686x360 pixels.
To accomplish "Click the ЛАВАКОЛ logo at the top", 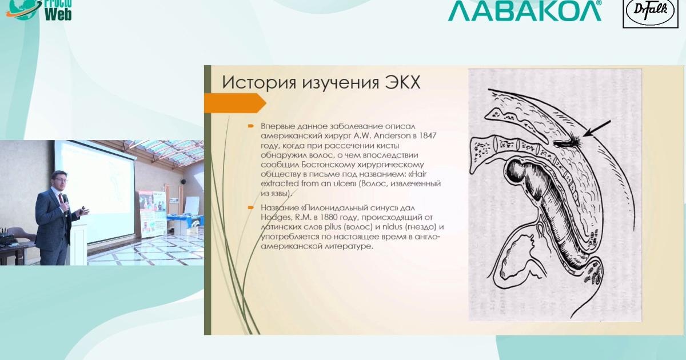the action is (525, 10).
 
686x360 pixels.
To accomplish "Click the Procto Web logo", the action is (39, 10).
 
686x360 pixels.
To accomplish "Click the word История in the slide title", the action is (259, 82).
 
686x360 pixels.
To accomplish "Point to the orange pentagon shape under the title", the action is (235, 103).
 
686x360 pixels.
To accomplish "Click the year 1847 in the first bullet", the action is (427, 135).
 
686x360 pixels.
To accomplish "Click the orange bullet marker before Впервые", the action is (251, 126).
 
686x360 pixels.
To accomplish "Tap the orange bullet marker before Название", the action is (251, 208).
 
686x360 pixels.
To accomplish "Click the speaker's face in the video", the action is (60, 181).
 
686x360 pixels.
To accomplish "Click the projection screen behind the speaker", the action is (95, 190).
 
